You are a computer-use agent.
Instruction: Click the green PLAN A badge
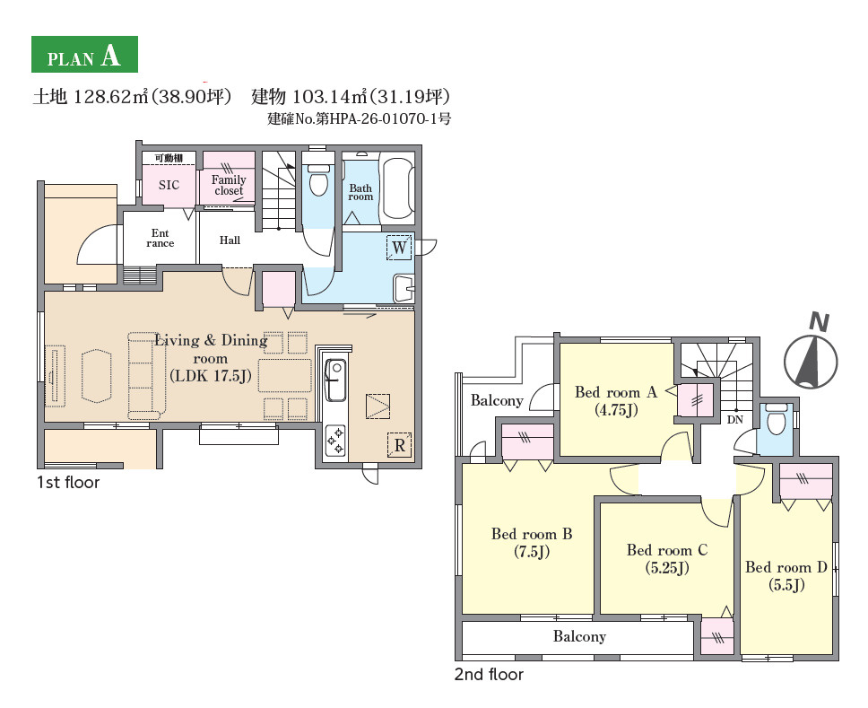pyautogui.click(x=84, y=55)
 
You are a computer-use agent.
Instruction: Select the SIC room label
pyautogui.click(x=169, y=185)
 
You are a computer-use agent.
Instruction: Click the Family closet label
pyautogui.click(x=229, y=185)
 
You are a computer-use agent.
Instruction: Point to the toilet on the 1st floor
pyautogui.click(x=318, y=178)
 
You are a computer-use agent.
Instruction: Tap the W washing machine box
pyautogui.click(x=399, y=247)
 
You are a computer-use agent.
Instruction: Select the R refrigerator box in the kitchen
pyautogui.click(x=400, y=444)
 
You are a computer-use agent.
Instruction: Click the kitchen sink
pyautogui.click(x=335, y=380)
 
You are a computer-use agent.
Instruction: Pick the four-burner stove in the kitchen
pyautogui.click(x=335, y=441)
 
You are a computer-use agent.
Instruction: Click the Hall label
pyautogui.click(x=230, y=240)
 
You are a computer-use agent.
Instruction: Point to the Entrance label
pyautogui.click(x=160, y=238)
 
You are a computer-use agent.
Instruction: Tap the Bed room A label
pyautogui.click(x=616, y=392)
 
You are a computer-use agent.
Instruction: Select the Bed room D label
pyautogui.click(x=786, y=567)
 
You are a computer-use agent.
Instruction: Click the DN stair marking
pyautogui.click(x=735, y=420)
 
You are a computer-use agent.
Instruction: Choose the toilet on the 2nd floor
pyautogui.click(x=777, y=420)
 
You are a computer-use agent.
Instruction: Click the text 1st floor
pyautogui.click(x=68, y=483)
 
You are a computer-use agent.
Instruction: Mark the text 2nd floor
pyautogui.click(x=489, y=674)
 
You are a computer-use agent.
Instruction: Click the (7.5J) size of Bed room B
pyautogui.click(x=532, y=552)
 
